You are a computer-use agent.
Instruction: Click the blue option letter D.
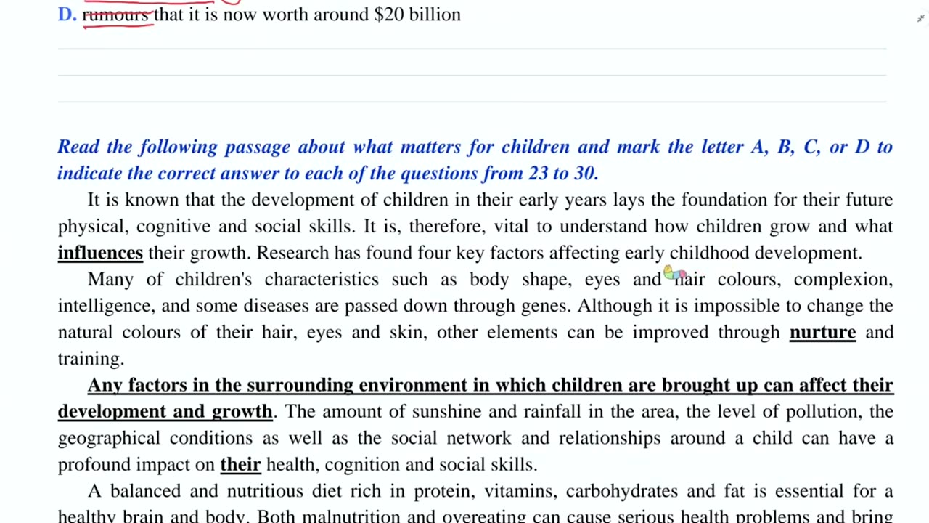pyautogui.click(x=66, y=15)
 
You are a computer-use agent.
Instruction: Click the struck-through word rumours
pyautogui.click(x=117, y=15)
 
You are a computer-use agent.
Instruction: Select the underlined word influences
pyautogui.click(x=100, y=253)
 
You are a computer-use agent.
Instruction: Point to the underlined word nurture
pyautogui.click(x=822, y=332)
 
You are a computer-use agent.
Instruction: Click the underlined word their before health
pyautogui.click(x=240, y=464)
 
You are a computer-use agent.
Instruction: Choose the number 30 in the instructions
pyautogui.click(x=584, y=174)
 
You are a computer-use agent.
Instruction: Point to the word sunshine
pyautogui.click(x=446, y=412)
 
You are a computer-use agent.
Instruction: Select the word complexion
pyautogui.click(x=841, y=280)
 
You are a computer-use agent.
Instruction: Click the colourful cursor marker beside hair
pyautogui.click(x=674, y=274)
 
